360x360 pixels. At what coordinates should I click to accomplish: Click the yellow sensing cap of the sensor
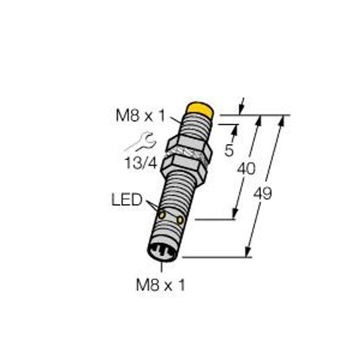(x=200, y=110)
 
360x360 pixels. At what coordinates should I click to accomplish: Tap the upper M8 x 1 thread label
(x=140, y=115)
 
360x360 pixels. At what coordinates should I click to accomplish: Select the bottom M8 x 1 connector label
(x=160, y=285)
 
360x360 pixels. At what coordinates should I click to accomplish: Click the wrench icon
(x=140, y=142)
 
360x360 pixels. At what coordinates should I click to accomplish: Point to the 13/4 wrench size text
(x=141, y=163)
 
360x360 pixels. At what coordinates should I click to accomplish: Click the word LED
(x=127, y=199)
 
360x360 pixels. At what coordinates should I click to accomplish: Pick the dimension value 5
(x=229, y=151)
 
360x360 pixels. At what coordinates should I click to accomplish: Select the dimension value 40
(x=246, y=169)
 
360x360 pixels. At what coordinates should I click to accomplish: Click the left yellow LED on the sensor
(x=163, y=215)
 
